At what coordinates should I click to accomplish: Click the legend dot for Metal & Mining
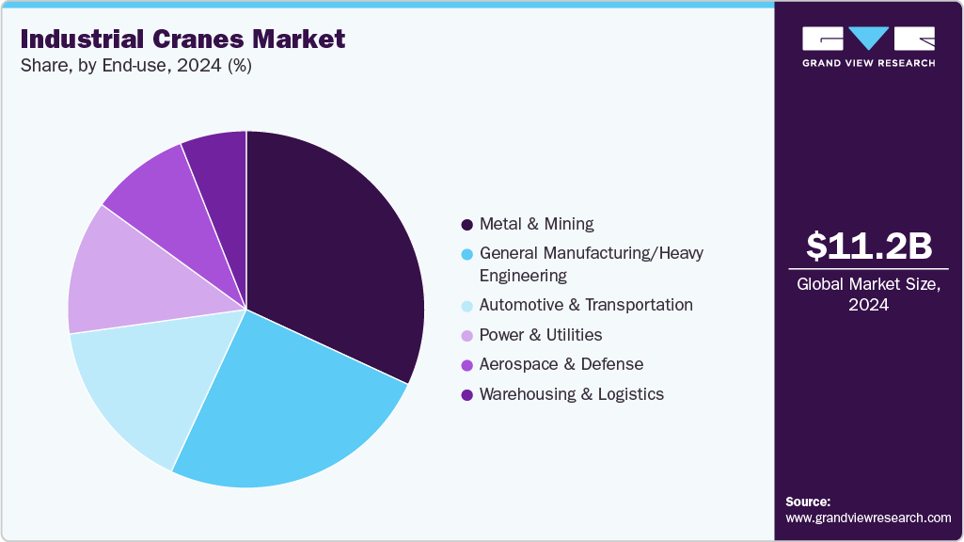(x=466, y=225)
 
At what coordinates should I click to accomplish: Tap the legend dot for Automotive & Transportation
(x=466, y=306)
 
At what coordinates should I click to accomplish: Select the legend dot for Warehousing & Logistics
(x=466, y=395)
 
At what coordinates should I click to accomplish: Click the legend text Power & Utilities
(x=541, y=335)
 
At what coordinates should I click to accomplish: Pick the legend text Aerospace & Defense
(x=561, y=364)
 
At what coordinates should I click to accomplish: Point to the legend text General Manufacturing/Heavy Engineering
(x=591, y=264)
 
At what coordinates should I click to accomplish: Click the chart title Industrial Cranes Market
(x=182, y=40)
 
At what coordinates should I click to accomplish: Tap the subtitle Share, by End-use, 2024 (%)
(x=135, y=67)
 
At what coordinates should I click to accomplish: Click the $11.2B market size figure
(x=869, y=246)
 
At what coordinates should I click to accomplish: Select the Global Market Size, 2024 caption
(x=869, y=295)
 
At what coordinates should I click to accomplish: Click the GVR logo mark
(x=869, y=39)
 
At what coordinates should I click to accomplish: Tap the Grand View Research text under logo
(x=869, y=63)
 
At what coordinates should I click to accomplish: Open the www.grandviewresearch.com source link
(x=868, y=518)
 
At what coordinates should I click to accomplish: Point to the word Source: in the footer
(x=808, y=502)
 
